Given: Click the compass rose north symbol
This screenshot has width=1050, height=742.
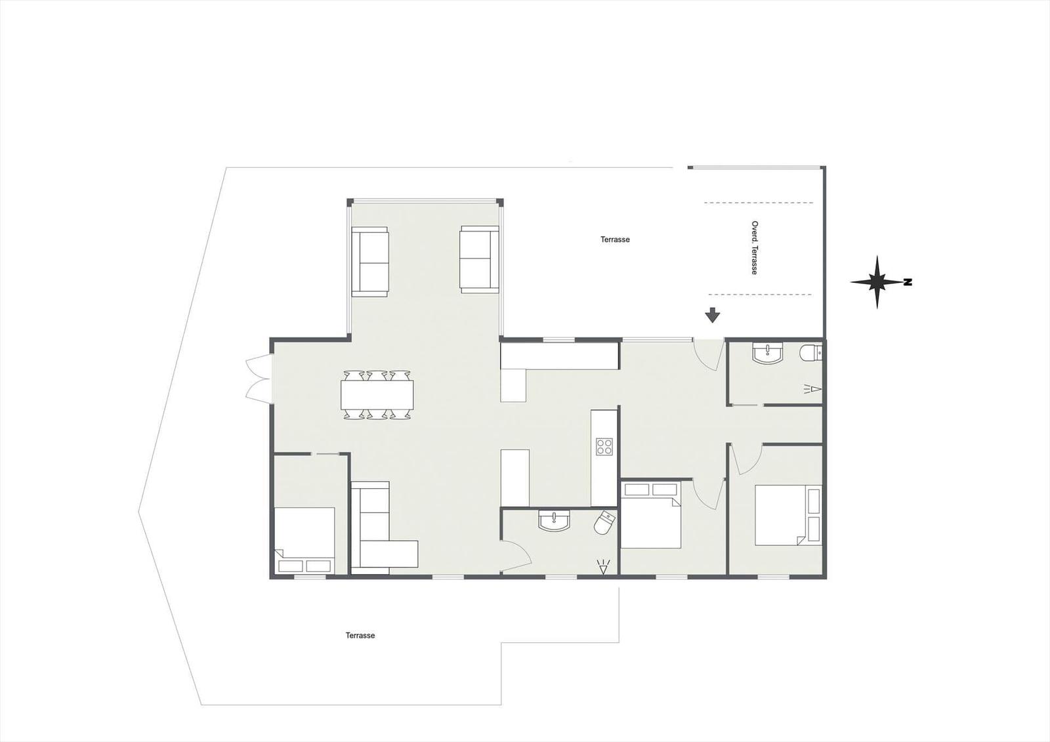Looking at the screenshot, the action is (x=878, y=282).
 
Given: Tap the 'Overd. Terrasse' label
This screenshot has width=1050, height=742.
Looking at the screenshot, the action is (x=754, y=248).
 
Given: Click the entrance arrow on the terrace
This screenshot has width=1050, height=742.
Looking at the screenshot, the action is (x=713, y=315).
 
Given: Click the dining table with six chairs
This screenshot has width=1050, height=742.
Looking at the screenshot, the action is (x=377, y=395).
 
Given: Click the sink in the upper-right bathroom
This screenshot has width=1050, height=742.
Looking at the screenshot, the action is (x=767, y=354).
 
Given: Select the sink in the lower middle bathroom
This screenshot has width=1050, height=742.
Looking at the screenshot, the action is (x=554, y=520).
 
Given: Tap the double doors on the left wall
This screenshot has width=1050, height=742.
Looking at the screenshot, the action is (x=259, y=377).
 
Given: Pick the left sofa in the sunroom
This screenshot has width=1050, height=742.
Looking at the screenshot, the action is (x=370, y=262).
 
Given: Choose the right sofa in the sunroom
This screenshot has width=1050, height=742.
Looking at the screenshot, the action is (x=480, y=259).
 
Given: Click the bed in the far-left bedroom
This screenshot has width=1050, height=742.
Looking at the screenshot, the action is (x=304, y=539).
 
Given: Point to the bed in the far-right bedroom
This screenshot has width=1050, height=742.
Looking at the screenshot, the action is (x=788, y=515).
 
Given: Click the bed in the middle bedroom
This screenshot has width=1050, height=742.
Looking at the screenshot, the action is (x=650, y=515).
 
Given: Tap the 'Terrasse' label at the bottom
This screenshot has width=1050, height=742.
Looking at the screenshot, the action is (x=360, y=636).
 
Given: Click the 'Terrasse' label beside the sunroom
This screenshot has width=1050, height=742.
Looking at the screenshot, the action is (x=615, y=239).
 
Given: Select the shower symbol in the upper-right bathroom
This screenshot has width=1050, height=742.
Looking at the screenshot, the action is (x=813, y=388).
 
